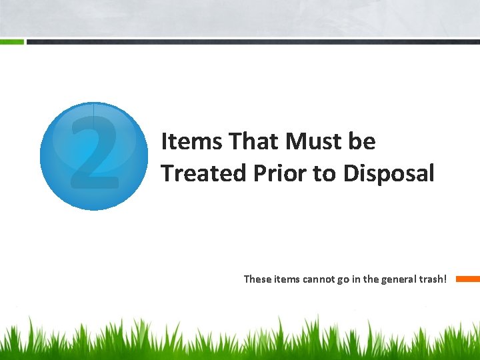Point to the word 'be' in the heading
pyautogui.click(x=362, y=141)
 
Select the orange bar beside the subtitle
pyautogui.click(x=467, y=279)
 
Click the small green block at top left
pyautogui.click(x=11, y=41)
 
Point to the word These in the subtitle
pyautogui.click(x=258, y=279)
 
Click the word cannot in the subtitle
pyautogui.click(x=321, y=279)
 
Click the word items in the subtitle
pyautogui.click(x=288, y=279)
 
